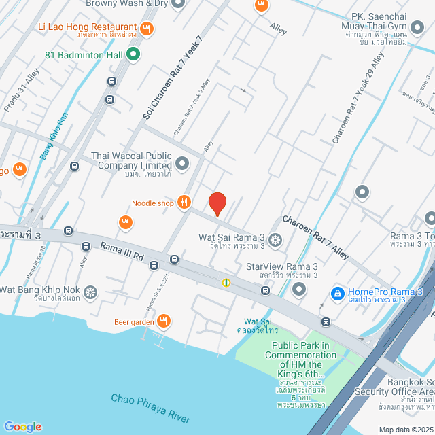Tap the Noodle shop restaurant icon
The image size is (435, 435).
click(184, 202)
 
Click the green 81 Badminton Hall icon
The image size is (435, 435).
click(133, 54)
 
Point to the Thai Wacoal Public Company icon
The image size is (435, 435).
click(182, 163)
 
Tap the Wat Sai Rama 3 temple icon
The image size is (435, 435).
click(275, 239)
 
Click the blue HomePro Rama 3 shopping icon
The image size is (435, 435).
click(336, 292)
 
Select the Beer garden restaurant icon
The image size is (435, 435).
click(163, 321)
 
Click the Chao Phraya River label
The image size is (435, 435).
click(151, 408)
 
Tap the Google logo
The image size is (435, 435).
click(22, 426)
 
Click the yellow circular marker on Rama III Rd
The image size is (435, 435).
click(226, 282)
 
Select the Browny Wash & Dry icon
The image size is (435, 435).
click(179, 3)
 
